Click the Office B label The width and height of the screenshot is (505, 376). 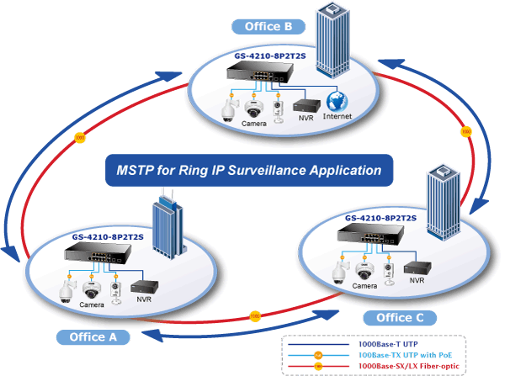(x=268, y=26)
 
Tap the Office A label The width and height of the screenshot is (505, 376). (x=93, y=337)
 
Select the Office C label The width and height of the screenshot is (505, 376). (x=400, y=318)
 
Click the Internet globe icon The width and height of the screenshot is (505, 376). (x=337, y=102)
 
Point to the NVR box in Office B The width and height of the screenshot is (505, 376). (x=306, y=105)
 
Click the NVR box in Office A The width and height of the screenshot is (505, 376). (x=144, y=287)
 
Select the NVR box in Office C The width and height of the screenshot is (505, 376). (x=417, y=267)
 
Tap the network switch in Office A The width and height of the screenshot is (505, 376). (x=98, y=252)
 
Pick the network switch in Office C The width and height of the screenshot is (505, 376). (x=370, y=234)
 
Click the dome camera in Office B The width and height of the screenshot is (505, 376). (x=253, y=109)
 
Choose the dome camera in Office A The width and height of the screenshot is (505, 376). (x=91, y=289)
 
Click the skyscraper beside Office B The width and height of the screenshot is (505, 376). (x=332, y=40)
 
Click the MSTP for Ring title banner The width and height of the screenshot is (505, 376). (x=249, y=170)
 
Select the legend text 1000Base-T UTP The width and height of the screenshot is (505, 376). (x=388, y=344)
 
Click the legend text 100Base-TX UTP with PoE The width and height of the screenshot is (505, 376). (x=405, y=355)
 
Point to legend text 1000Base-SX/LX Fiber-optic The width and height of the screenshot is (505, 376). (x=409, y=366)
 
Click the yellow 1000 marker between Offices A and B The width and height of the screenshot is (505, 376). (x=80, y=138)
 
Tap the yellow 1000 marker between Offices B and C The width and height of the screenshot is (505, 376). (x=466, y=131)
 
